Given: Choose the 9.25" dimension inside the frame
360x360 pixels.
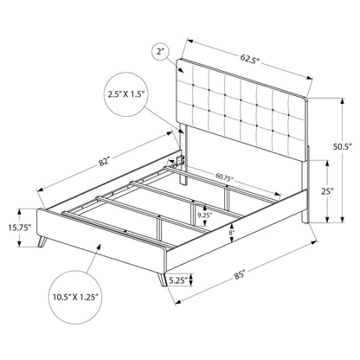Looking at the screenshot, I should click(205, 213).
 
